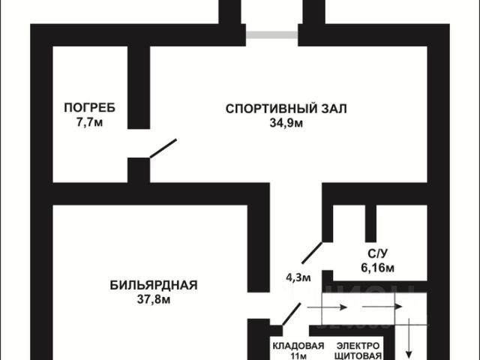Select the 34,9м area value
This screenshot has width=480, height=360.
[x=286, y=123]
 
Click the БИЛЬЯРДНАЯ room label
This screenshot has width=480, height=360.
[x=153, y=285]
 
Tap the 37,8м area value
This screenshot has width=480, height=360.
[x=153, y=300]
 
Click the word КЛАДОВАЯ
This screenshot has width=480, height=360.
[x=298, y=346]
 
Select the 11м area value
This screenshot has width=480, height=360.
[x=298, y=355]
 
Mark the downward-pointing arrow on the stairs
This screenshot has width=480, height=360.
[x=409, y=337]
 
